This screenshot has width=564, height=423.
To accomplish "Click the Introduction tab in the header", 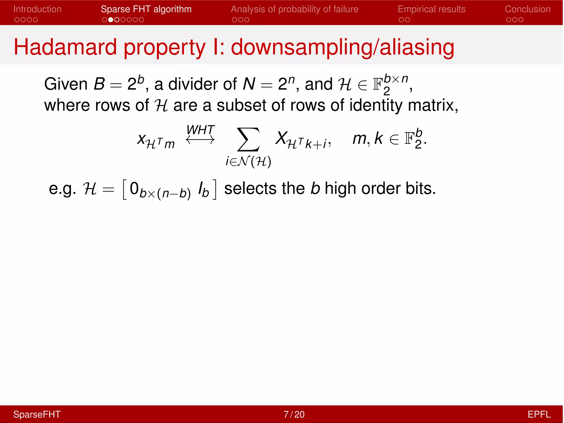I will coord(37,9).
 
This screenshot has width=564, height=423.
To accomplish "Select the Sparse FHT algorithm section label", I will coord(146,9).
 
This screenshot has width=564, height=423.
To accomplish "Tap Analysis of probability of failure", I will coord(294,9).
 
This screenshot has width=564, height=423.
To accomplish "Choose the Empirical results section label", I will coord(432,9).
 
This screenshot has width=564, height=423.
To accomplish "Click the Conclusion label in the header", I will coord(527,9).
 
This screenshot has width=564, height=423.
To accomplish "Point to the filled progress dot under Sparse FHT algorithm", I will coord(111,20).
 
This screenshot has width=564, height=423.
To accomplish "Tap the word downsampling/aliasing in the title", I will coord(342,47).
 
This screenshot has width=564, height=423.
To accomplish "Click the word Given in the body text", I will coord(66,84).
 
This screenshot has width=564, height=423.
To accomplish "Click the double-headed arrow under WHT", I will coord(200,140).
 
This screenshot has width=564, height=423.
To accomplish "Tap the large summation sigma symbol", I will coord(248,139).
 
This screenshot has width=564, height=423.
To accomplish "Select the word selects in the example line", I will coord(250,189).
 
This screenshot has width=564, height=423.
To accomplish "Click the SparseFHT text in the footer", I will coord(37,414).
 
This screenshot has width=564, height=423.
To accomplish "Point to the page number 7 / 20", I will coord(294,414).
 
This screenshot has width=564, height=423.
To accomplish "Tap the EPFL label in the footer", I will coord(539,414).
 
